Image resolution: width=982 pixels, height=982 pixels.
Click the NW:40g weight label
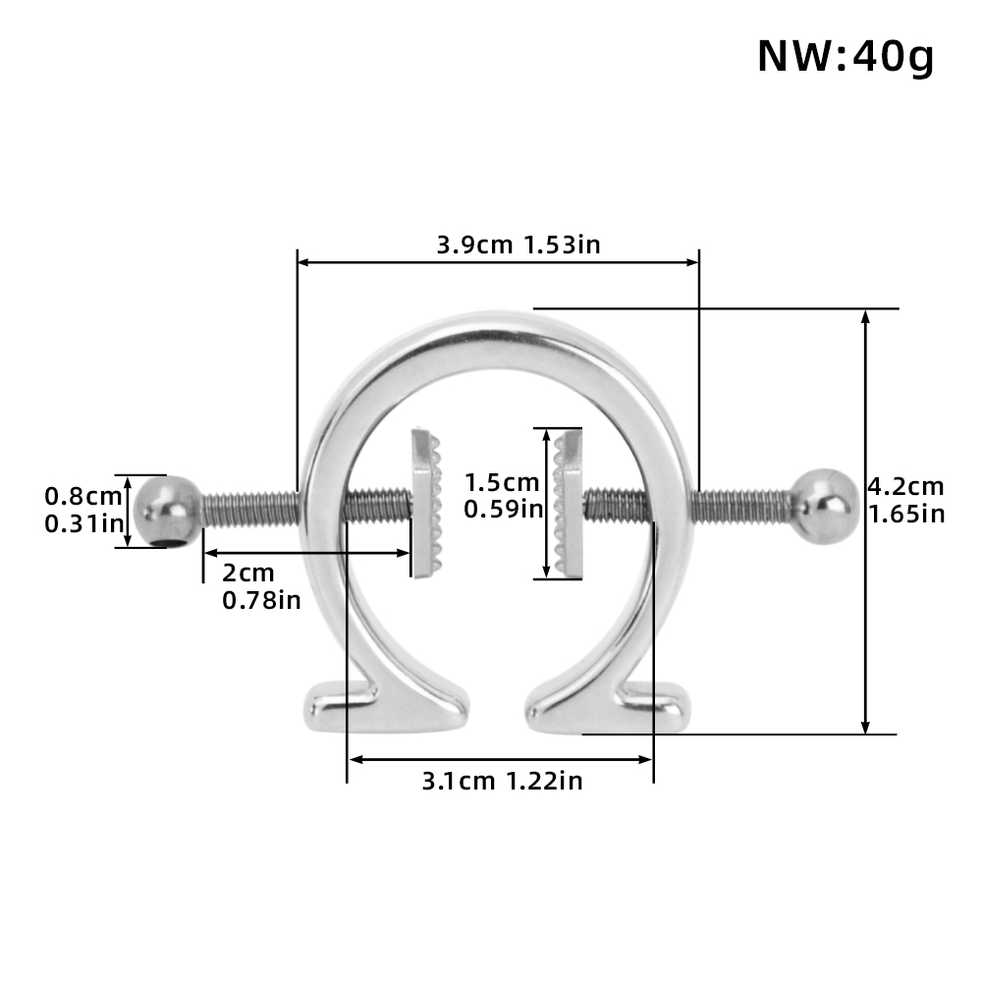[845, 57]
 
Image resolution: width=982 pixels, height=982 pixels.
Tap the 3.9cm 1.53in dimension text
[518, 244]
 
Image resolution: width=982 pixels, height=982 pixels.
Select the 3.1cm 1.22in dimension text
[502, 781]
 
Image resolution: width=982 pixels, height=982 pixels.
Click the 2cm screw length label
[247, 573]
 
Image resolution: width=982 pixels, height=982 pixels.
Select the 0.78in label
[261, 600]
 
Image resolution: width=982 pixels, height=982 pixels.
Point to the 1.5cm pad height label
[502, 482]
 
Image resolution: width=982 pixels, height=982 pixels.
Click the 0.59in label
[502, 509]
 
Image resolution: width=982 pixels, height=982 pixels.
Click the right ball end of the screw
[825, 505]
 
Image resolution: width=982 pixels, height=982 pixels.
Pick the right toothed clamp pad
[568, 503]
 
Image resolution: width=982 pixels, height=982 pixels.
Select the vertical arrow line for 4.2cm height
[865, 609]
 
